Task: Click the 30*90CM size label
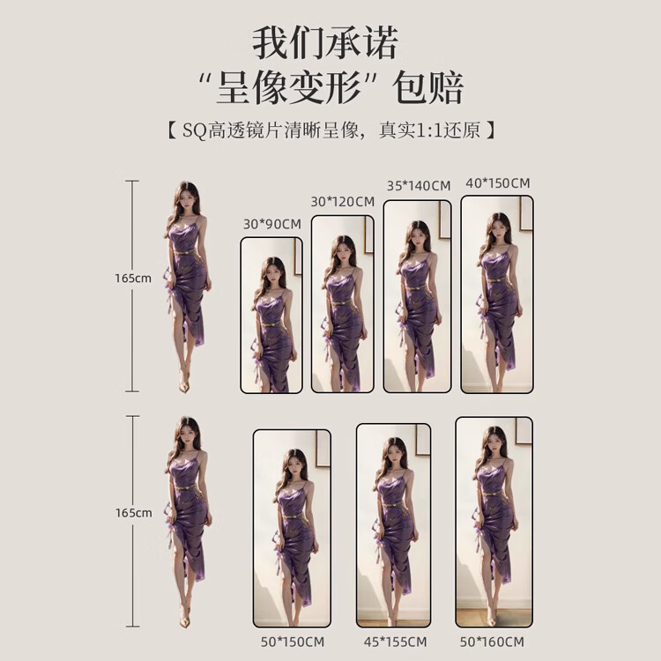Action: [271, 224]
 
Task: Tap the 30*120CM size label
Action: [342, 202]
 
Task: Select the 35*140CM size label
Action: [418, 186]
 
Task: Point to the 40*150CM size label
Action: [497, 183]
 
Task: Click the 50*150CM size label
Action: [292, 642]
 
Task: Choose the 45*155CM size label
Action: [394, 642]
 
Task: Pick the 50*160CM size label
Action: [494, 642]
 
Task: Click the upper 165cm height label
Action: [132, 278]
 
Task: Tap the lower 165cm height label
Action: [132, 512]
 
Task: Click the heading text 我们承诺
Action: [325, 42]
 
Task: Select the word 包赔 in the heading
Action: [429, 88]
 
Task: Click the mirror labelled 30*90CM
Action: [271, 315]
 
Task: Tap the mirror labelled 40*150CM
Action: [497, 293]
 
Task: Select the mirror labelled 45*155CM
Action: [394, 525]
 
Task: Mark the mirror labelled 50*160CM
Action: [494, 522]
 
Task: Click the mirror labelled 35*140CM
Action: [418, 296]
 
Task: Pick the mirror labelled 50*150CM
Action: [292, 528]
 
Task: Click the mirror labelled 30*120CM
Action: [342, 303]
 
